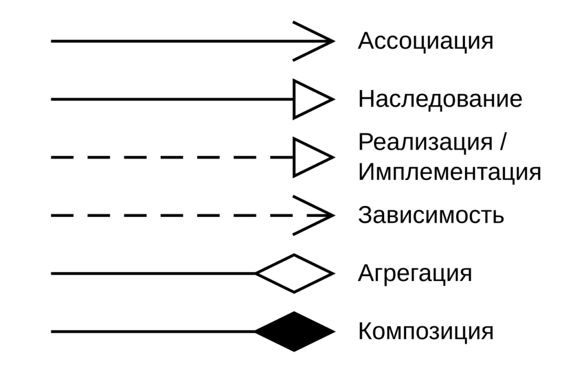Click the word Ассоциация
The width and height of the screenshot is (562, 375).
point(425,42)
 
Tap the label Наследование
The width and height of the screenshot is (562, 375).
point(440,99)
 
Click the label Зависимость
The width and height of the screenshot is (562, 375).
point(431,215)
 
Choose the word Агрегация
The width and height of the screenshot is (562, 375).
point(415,274)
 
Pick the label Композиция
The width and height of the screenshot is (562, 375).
point(425,331)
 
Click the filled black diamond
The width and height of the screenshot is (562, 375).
point(295,332)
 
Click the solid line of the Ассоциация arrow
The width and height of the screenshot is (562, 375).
point(192,41)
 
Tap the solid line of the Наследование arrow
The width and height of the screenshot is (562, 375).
point(172,99)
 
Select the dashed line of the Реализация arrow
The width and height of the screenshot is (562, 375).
point(172,158)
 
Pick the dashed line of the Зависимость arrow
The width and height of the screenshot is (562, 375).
point(192,215)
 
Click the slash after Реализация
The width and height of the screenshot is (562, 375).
point(502,142)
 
